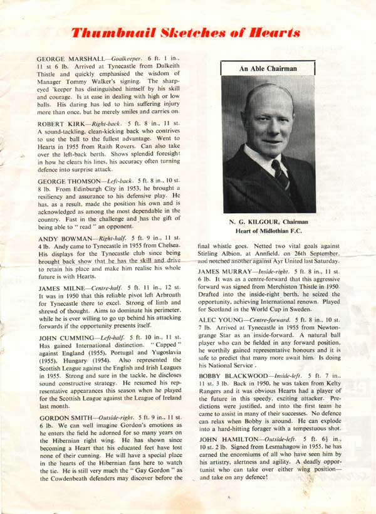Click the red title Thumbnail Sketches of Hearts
[x=185, y=32]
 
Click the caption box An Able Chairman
[x=268, y=67]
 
